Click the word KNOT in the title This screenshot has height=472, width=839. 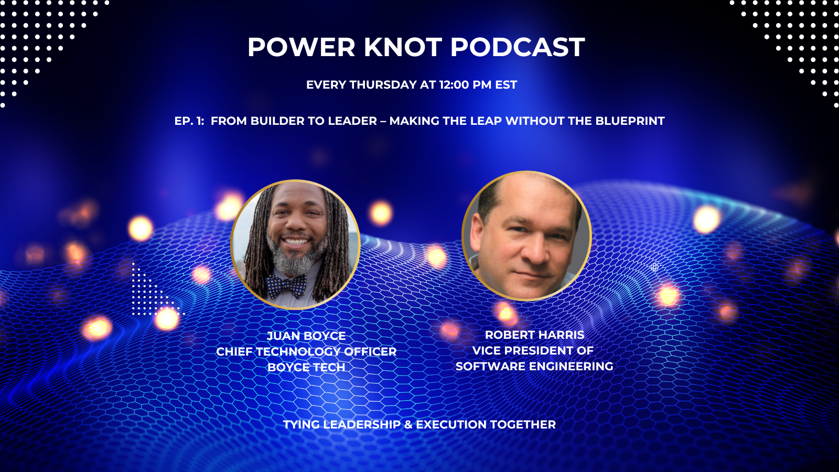403,47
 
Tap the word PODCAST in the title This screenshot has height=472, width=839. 517,47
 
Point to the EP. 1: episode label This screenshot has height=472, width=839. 189,121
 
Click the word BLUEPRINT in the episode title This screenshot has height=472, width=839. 630,121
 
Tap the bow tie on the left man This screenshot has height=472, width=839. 287,286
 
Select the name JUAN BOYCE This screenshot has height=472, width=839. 306,336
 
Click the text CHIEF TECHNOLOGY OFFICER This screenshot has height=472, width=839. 306,351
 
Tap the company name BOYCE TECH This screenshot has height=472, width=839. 306,367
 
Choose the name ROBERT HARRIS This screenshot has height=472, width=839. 534,335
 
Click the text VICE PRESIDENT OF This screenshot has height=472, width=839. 533,350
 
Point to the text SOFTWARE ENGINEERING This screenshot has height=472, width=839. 534,366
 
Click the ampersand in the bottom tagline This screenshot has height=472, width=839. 408,425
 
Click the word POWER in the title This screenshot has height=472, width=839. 302,47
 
